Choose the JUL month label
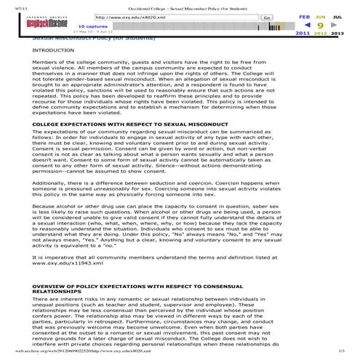337,15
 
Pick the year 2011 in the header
303,33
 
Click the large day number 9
320,24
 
